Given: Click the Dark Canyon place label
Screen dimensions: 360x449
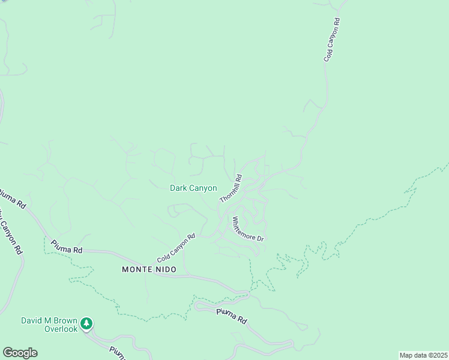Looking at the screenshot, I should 193,188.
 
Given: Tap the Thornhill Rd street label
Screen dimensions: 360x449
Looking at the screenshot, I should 231,188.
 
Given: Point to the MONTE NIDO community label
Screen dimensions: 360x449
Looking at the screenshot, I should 149,269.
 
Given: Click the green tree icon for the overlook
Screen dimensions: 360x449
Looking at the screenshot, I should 87,324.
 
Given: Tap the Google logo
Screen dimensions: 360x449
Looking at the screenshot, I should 20,353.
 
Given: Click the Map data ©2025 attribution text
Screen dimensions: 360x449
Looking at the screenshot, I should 423,355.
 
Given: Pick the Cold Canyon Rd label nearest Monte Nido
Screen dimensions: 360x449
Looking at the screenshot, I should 176,248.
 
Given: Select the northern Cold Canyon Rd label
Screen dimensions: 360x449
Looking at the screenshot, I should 332,40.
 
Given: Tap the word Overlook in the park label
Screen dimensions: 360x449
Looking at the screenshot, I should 61,329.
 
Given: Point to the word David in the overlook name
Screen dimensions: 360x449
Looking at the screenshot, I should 32,320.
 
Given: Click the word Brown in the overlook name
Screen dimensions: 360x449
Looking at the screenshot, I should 65,320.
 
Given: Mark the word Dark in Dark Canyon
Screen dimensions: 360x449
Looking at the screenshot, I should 179,188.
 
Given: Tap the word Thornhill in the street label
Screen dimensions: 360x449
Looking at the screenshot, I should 229,190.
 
